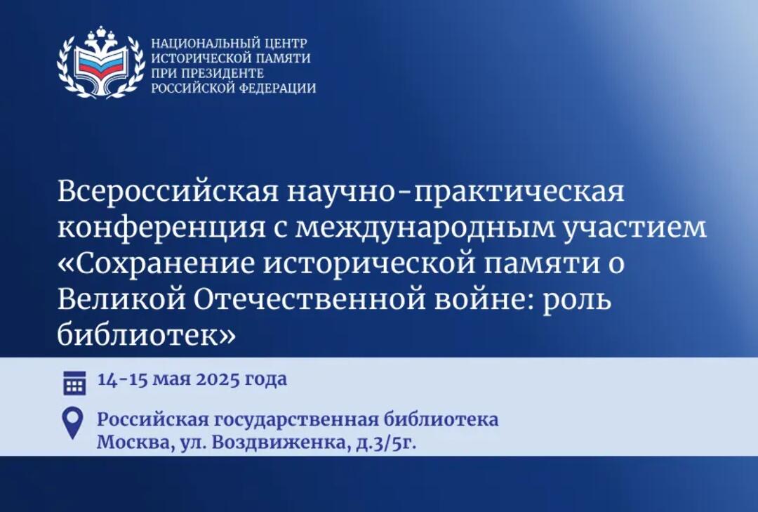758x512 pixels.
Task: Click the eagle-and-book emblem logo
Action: pos(101,62)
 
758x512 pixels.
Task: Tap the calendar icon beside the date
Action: pos(75,383)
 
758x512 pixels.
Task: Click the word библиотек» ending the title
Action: pos(147,335)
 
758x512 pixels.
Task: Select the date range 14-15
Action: pos(122,380)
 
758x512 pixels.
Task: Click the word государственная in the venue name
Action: pos(295,420)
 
